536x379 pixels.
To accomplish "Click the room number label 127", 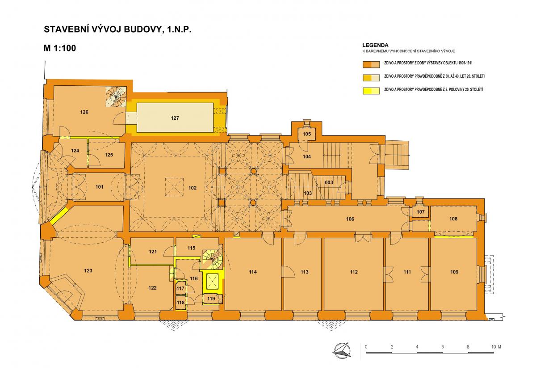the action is click(x=175, y=118).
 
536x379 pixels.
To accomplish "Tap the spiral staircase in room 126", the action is click(x=116, y=97).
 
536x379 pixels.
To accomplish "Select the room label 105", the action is click(x=306, y=134).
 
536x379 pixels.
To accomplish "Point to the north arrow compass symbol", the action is click(x=341, y=351).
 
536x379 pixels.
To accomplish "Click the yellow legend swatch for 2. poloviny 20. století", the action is click(x=371, y=91).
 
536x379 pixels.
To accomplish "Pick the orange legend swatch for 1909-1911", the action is click(x=371, y=65).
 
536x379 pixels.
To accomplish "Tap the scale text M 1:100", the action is click(x=59, y=48).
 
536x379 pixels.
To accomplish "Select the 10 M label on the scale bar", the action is click(x=496, y=347).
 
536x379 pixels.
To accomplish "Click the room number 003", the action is click(x=329, y=182).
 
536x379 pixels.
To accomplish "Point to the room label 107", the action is click(x=420, y=212).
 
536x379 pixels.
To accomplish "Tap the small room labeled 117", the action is click(x=180, y=288).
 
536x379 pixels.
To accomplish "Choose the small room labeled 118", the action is click(x=180, y=303).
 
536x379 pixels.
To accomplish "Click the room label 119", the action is click(x=211, y=299).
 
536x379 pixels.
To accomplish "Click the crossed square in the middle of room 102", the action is click(x=175, y=187).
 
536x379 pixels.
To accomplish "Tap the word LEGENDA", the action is click(x=375, y=45).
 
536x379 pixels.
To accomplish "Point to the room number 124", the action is click(x=75, y=151).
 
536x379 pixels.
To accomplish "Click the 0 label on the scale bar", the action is click(x=366, y=347).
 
